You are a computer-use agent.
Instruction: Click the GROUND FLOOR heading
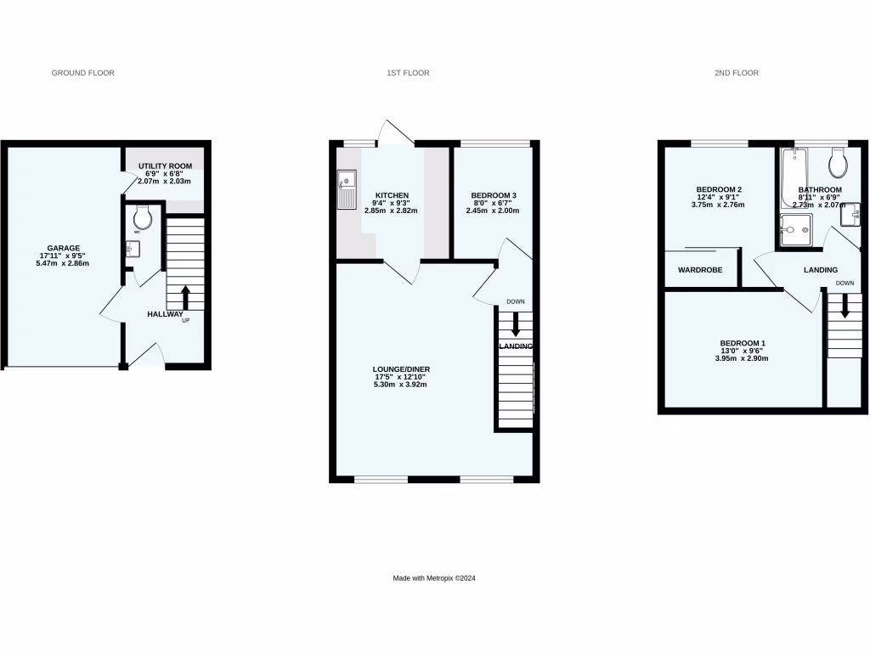83,73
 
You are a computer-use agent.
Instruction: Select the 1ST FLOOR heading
408,73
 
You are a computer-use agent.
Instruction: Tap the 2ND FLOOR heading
736,73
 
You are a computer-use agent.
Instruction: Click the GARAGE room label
64,249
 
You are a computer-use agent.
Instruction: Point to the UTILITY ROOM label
165,166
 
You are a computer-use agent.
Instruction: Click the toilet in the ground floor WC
143,218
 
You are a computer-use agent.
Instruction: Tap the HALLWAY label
165,314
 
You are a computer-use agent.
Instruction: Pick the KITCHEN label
392,195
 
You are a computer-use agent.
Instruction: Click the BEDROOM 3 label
494,195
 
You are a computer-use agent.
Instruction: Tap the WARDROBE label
700,270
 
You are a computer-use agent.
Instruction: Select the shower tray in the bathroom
796,228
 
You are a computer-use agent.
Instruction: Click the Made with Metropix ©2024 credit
434,578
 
